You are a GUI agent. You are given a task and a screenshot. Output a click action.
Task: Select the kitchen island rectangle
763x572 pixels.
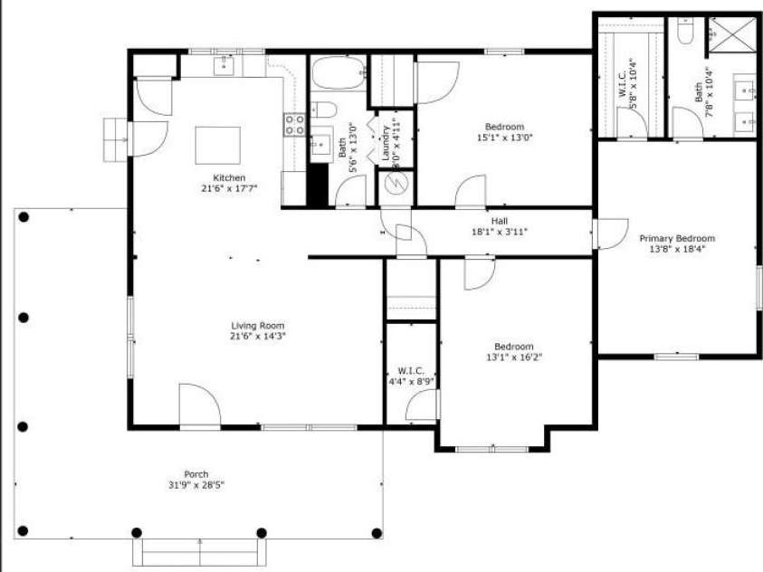point(218,145)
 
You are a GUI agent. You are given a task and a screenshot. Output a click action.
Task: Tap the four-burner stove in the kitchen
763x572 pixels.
point(294,125)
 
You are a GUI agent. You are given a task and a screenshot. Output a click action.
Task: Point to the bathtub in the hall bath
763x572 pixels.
point(339,72)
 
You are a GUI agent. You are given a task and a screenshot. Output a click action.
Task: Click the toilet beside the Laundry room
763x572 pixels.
point(324,110)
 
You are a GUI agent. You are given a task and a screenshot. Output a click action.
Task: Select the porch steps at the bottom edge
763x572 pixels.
point(200,549)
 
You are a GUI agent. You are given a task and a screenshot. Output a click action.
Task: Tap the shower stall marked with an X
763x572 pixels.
point(730,35)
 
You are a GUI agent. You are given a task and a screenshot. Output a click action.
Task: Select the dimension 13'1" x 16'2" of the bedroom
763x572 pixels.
point(513,357)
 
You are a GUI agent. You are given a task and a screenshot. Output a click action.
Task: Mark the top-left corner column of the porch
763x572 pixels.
point(24,217)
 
